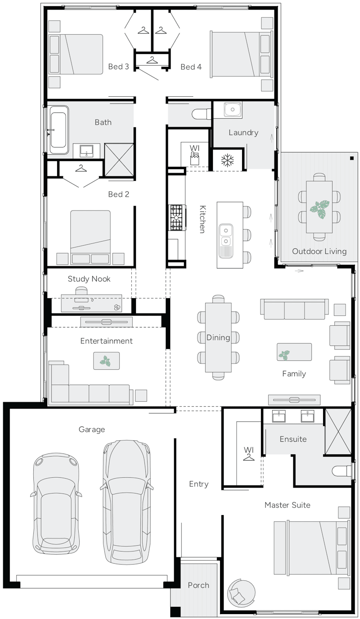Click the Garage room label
pyautogui.click(x=92, y=430)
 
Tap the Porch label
pyautogui.click(x=198, y=585)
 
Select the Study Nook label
pyautogui.click(x=89, y=279)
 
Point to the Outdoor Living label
pyautogui.click(x=319, y=251)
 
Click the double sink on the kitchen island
pyautogui.click(x=226, y=235)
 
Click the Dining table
pyautogui.click(x=218, y=337)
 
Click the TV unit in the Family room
pyautogui.click(x=294, y=399)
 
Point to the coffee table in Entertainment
pyautogui.click(x=107, y=361)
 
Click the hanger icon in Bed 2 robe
pyautogui.click(x=81, y=168)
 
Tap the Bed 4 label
pyautogui.click(x=191, y=67)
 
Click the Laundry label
pyautogui.click(x=243, y=133)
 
